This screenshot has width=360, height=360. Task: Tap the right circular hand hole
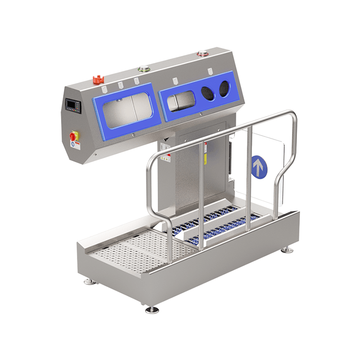(224, 89)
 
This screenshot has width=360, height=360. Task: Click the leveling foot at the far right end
(287, 249)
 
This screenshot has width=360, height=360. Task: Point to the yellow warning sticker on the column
(205, 159)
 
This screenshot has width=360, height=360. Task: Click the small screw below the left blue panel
(134, 135)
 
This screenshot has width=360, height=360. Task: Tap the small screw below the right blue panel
(201, 114)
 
